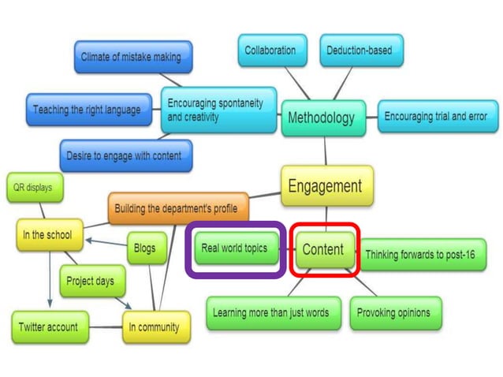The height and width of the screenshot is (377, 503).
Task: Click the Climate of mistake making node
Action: tap(132, 57)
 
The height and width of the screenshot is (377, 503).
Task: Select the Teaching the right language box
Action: tap(88, 110)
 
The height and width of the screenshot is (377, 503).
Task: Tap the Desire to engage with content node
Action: tap(124, 155)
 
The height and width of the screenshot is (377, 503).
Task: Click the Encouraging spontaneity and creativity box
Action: tap(218, 110)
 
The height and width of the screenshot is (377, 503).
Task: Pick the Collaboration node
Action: tap(270, 50)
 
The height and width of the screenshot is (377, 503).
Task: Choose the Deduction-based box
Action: tap(359, 50)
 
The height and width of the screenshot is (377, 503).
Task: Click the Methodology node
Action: tap(322, 119)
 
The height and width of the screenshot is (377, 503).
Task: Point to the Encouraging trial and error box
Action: tap(435, 117)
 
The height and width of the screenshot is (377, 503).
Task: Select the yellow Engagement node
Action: tap(326, 186)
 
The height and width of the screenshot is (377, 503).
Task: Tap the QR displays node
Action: tap(34, 188)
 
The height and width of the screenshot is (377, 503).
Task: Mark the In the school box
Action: tap(47, 234)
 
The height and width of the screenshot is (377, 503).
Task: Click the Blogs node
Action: tap(145, 248)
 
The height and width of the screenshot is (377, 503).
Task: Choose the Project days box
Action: tap(91, 281)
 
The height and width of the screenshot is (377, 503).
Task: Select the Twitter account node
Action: tap(47, 327)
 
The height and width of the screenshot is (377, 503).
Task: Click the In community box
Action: tap(155, 327)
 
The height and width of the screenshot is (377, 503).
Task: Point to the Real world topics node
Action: tap(234, 249)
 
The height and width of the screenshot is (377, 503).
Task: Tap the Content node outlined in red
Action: tap(324, 250)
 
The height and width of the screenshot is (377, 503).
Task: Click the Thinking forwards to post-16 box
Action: tap(424, 255)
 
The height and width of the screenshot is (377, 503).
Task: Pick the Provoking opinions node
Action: tap(394, 312)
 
